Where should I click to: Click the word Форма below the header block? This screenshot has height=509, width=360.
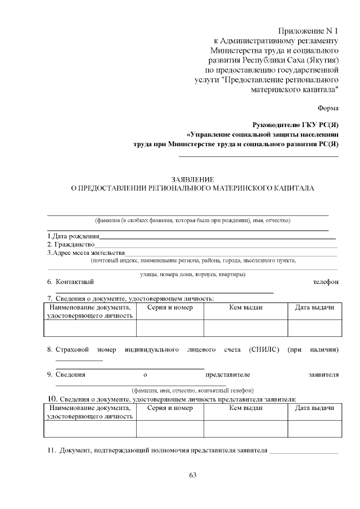[328, 107]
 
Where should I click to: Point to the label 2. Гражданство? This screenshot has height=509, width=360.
[70, 245]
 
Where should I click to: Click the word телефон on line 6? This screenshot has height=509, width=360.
[326, 282]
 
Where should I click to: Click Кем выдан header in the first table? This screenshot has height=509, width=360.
[246, 308]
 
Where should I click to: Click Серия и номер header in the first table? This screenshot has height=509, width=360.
[170, 308]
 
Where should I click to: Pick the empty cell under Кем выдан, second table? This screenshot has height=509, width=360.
[246, 429]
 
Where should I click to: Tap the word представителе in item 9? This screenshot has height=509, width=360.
[228, 374]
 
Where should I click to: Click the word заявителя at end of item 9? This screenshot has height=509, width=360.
[323, 374]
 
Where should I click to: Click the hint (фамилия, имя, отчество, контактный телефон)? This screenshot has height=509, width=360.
[192, 390]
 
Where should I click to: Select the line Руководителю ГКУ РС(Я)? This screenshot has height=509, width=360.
[296, 124]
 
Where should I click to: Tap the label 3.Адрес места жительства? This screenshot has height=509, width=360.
[85, 253]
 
